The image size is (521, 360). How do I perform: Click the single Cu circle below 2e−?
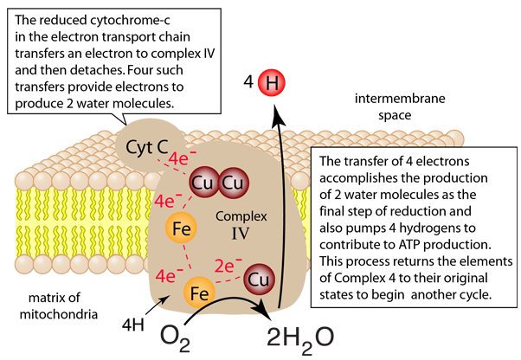pos(257,280)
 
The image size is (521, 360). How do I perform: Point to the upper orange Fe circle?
pos(183,228)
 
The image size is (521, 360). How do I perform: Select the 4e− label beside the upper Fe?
pos(166,201)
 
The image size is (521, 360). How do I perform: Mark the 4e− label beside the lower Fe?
pos(166,278)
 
